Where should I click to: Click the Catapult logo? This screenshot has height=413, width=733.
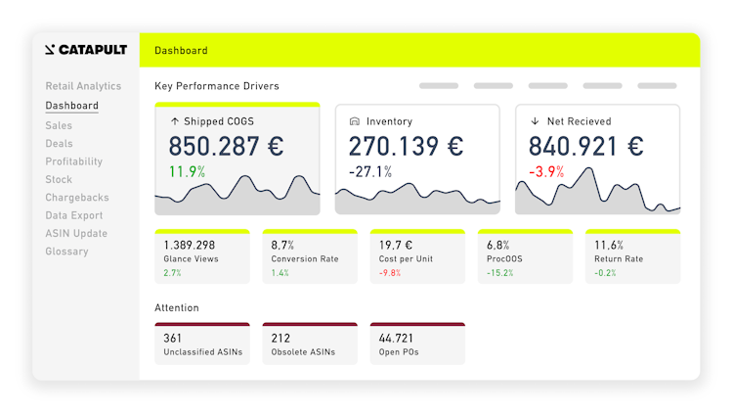(86, 50)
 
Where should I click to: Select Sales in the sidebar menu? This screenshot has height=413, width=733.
(59, 125)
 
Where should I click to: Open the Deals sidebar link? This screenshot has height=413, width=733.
(59, 144)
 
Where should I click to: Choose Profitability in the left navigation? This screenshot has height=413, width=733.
(73, 161)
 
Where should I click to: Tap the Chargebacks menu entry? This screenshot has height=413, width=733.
(77, 198)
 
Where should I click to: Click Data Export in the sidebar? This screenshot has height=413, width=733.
(73, 215)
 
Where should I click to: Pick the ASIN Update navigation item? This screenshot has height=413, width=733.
(76, 234)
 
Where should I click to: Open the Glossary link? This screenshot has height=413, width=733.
(66, 252)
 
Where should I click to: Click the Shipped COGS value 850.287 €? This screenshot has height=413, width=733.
(226, 147)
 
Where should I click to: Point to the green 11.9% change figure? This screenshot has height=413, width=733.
(187, 172)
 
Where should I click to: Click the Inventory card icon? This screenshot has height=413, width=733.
(354, 122)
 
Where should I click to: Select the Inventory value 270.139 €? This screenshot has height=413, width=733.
(406, 147)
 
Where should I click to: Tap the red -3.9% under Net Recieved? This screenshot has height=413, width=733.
(547, 172)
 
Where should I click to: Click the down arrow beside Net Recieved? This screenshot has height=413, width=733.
(535, 122)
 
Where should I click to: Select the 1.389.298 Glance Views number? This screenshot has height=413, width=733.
(190, 245)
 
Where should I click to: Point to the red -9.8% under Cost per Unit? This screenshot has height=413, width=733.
(391, 273)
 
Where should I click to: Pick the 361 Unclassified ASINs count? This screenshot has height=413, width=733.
(173, 339)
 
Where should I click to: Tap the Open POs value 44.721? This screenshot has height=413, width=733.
(398, 339)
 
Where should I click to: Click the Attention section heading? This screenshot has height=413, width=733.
(177, 308)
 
